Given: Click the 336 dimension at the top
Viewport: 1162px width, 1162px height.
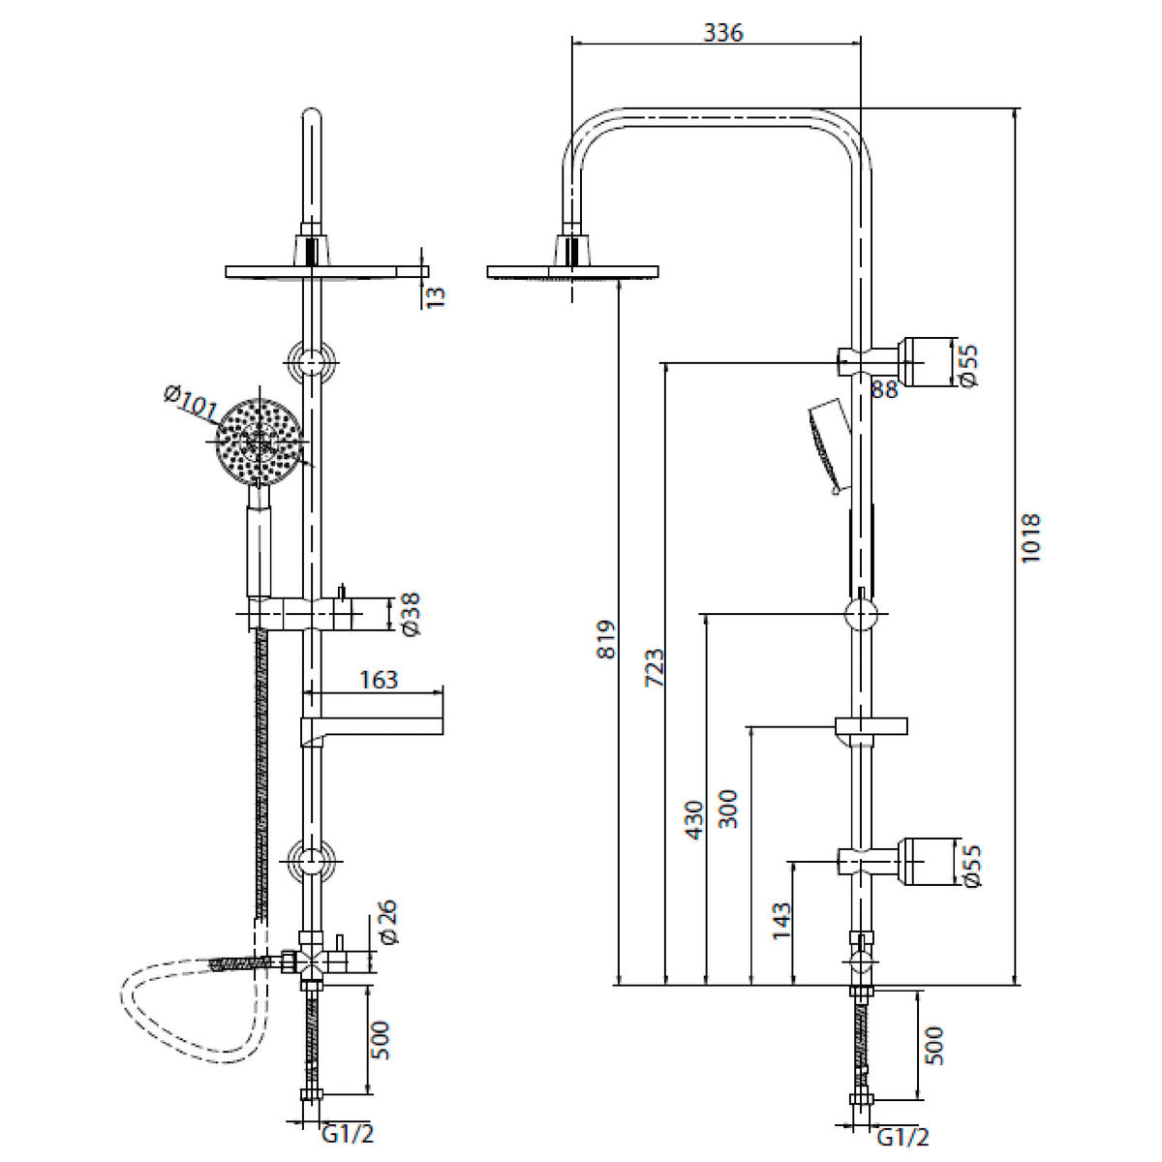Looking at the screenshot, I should click(x=722, y=33).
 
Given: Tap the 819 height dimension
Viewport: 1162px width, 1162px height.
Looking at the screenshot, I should click(x=606, y=640).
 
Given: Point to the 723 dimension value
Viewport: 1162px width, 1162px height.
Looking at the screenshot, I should click(x=655, y=668).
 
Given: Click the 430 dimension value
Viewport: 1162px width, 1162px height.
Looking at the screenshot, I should click(x=693, y=819).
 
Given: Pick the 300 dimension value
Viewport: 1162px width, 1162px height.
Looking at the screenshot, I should click(x=728, y=809).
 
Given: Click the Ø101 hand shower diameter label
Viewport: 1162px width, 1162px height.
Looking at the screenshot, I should click(x=191, y=403).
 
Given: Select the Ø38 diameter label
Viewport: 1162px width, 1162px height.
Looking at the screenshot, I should click(x=410, y=614).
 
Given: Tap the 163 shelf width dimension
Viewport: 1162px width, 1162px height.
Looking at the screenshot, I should click(x=378, y=680).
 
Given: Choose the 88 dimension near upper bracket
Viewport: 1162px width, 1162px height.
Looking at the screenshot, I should click(x=884, y=389).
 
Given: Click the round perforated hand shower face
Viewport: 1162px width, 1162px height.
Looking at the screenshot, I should click(x=254, y=442).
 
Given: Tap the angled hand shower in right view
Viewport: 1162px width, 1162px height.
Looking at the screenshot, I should click(x=826, y=441).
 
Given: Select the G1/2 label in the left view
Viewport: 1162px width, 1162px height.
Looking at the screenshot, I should click(x=347, y=1134).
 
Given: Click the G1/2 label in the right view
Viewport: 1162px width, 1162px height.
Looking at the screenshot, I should click(x=902, y=1137).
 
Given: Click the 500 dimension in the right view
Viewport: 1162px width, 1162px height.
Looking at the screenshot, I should click(x=933, y=1046).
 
